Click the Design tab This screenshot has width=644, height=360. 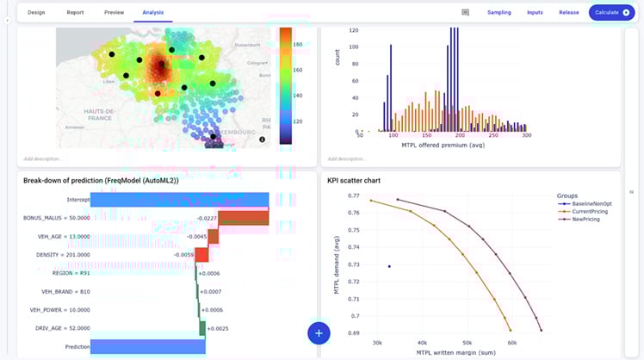pyautogui.click(x=36, y=13)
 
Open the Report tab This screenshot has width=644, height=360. pyautogui.click(x=75, y=13)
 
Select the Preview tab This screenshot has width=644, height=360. pyautogui.click(x=114, y=13)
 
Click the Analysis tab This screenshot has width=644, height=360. pyautogui.click(x=155, y=13)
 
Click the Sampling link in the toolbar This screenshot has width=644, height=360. pyautogui.click(x=498, y=13)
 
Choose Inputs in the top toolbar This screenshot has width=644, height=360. pyautogui.click(x=535, y=13)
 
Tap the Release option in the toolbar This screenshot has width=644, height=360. pyautogui.click(x=568, y=13)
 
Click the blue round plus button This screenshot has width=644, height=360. pyautogui.click(x=319, y=332)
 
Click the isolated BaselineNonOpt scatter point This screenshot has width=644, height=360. pyautogui.click(x=389, y=267)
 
